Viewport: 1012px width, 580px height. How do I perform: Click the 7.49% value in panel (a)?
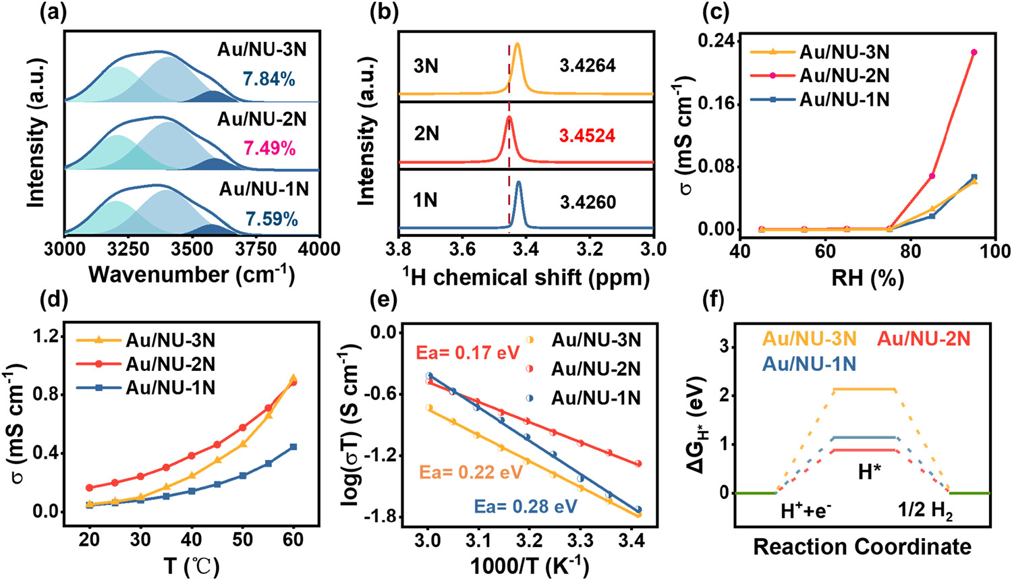click(270, 148)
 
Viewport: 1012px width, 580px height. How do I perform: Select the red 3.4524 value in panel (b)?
click(587, 136)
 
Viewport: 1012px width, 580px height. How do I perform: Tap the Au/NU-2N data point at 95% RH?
click(974, 52)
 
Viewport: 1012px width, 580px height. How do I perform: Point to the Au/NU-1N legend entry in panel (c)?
click(844, 100)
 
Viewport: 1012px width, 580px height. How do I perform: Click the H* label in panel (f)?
click(870, 472)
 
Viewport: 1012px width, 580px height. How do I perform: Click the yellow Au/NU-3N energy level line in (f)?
click(864, 389)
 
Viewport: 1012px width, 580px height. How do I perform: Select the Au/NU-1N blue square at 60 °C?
click(293, 446)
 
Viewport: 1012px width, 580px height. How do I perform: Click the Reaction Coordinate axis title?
click(862, 546)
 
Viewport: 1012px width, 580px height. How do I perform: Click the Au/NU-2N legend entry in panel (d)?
click(170, 364)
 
